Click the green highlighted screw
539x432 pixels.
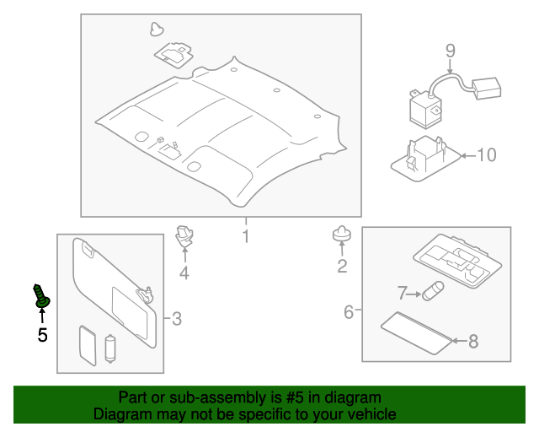(41, 295)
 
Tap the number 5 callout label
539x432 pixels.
(42, 335)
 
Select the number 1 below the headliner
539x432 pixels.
(245, 236)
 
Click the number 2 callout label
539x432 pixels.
(342, 267)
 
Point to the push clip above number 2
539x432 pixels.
(341, 236)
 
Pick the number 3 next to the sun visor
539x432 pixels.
(176, 318)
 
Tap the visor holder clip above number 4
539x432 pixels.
(184, 236)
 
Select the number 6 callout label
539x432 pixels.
(349, 312)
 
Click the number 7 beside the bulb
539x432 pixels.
(403, 293)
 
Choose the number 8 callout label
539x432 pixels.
(472, 341)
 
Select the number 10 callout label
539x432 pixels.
(487, 154)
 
